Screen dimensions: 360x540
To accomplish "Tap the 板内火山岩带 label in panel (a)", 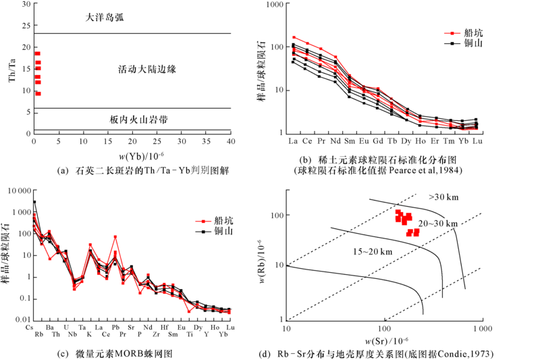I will [138, 119].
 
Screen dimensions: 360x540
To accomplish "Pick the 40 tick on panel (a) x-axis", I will [230, 140].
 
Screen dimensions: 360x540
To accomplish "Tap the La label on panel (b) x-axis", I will [293, 141].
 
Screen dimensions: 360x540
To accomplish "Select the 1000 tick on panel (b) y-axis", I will [273, 5].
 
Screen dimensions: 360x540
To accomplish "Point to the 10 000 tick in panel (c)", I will [18, 191].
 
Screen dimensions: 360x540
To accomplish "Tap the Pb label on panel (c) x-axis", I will [115, 328].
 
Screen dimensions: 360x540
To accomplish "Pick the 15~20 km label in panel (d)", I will [371, 251].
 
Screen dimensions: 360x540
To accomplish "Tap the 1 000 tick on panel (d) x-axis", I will [480, 328].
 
